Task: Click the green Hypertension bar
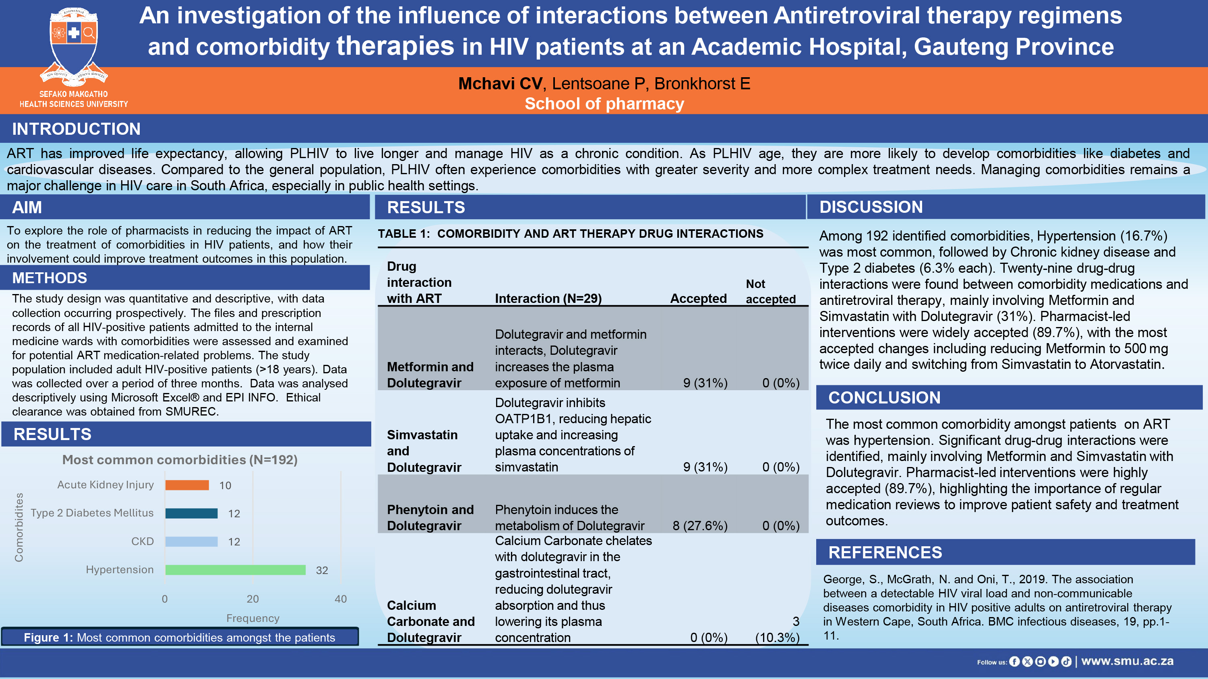(x=236, y=570)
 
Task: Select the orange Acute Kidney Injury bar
(x=187, y=485)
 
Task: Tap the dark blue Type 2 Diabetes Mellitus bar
(x=191, y=513)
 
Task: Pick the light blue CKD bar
(x=191, y=541)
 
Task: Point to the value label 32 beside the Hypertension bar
(x=322, y=570)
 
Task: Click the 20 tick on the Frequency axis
(x=253, y=599)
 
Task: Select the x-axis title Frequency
(x=253, y=618)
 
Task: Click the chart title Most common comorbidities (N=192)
(x=180, y=460)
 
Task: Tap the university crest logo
(x=74, y=47)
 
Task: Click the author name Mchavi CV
(x=501, y=83)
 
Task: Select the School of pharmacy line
(x=604, y=103)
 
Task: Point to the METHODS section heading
(x=50, y=278)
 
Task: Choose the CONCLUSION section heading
(x=884, y=397)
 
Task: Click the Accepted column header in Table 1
(x=698, y=298)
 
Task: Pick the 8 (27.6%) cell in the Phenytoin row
(x=700, y=525)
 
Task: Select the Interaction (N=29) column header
(x=548, y=298)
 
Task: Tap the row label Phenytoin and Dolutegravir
(x=430, y=517)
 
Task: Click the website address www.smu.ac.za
(x=1127, y=661)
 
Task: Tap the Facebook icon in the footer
(x=1014, y=661)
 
